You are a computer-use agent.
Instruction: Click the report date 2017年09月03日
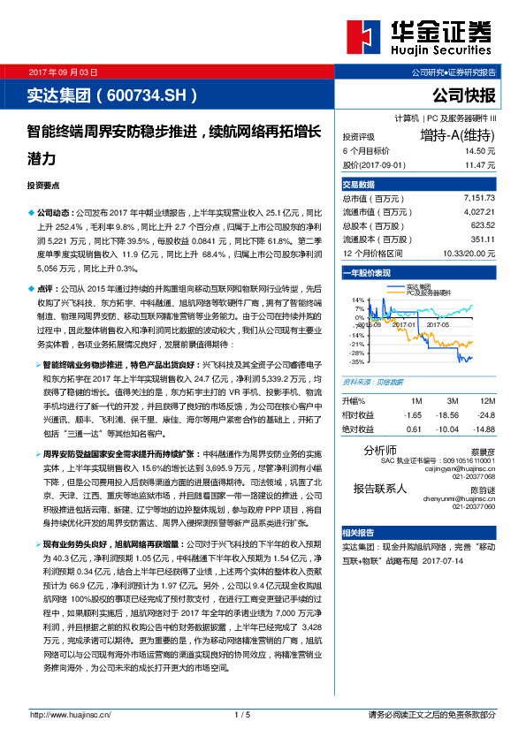tap(63, 71)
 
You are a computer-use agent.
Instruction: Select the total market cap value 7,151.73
tap(478, 199)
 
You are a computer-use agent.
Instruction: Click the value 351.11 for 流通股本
tap(481, 239)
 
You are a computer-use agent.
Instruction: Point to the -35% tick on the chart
tap(357, 361)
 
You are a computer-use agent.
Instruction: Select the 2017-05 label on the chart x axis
tap(439, 324)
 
